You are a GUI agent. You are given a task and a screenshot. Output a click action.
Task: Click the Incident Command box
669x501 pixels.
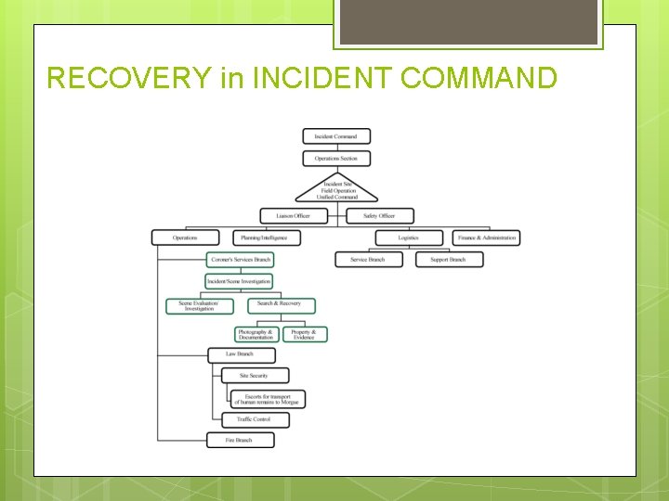(x=335, y=136)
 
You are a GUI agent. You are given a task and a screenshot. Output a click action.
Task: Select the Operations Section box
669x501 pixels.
(x=335, y=159)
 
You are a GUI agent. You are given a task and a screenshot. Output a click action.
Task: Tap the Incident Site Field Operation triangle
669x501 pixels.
(x=336, y=190)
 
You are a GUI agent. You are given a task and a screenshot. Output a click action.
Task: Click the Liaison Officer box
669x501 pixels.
(x=293, y=216)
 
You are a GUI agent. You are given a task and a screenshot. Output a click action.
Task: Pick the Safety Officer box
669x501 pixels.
(x=380, y=216)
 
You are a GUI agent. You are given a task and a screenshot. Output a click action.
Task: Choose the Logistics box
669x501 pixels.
(x=408, y=238)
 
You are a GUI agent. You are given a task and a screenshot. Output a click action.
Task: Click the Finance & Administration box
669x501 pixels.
(x=486, y=238)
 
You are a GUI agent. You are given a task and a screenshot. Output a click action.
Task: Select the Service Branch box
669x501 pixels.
(x=368, y=260)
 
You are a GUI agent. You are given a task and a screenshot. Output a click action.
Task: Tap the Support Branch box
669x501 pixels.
(x=449, y=260)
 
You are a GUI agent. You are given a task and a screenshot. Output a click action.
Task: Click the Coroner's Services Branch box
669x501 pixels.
(x=240, y=260)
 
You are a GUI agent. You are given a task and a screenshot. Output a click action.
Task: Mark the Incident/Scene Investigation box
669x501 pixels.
(x=240, y=281)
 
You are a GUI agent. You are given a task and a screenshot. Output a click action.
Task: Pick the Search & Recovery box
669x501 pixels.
(x=281, y=305)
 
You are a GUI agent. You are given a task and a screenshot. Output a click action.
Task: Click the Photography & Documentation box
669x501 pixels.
(x=256, y=334)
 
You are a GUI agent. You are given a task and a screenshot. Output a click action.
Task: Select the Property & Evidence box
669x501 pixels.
(x=304, y=334)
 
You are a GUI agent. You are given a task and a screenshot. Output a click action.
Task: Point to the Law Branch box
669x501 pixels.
(x=240, y=354)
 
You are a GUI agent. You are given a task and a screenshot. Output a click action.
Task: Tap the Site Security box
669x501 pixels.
(x=254, y=376)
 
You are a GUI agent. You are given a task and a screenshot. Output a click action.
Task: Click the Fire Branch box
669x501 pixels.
(x=240, y=440)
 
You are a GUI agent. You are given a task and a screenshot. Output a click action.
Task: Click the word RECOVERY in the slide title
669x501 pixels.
(x=129, y=78)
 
